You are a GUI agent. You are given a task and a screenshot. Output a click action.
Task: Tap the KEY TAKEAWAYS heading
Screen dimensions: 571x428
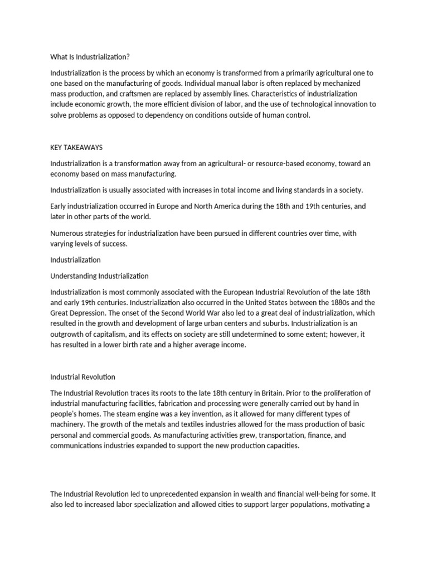[76, 147]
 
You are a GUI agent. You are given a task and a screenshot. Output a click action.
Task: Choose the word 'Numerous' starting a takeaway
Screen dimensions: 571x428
[66, 234]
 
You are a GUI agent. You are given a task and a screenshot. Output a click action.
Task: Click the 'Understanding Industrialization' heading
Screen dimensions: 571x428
[99, 276]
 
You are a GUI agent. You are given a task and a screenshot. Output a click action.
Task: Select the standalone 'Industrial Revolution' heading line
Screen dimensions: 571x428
[82, 377]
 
